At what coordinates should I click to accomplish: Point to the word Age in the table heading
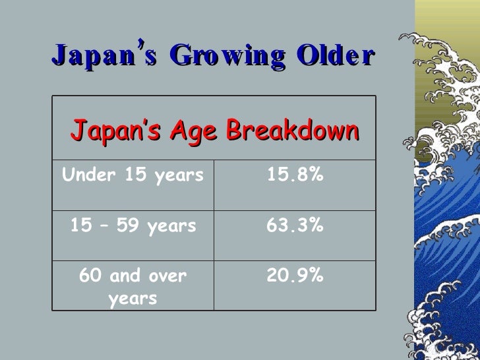click(195, 130)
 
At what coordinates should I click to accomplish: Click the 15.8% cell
click(295, 176)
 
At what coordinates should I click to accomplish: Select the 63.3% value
click(295, 226)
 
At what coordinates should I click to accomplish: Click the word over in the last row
click(168, 276)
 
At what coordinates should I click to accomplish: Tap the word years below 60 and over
click(133, 299)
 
